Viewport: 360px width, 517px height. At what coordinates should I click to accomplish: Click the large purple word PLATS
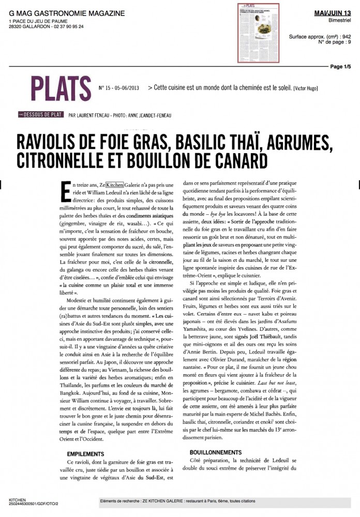coord(57,87)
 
